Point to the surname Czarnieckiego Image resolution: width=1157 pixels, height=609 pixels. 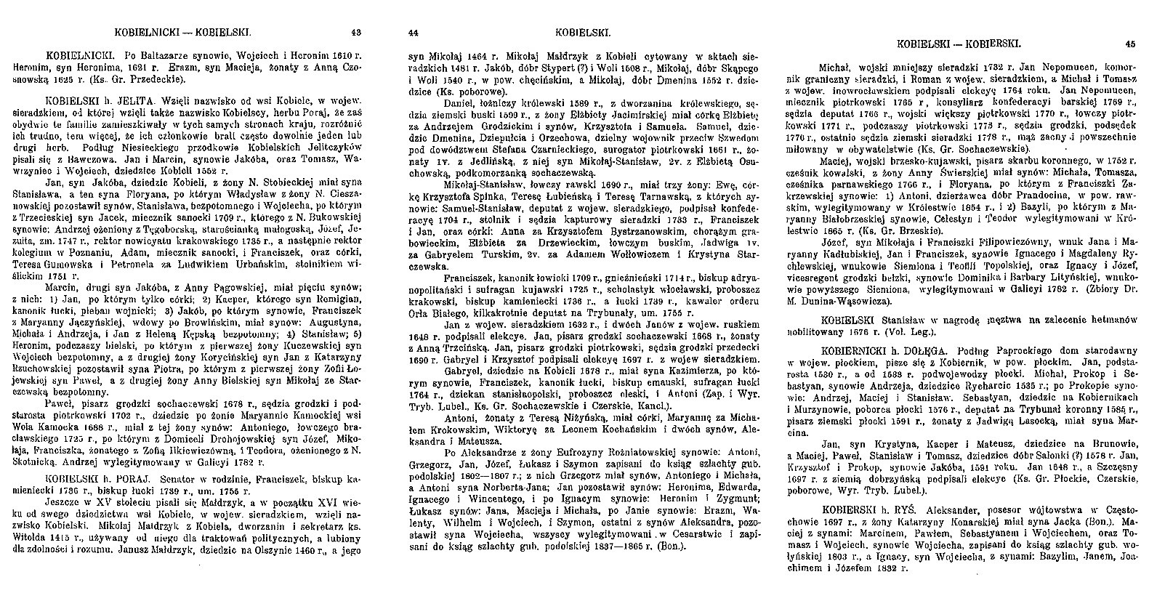click(x=592, y=153)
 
